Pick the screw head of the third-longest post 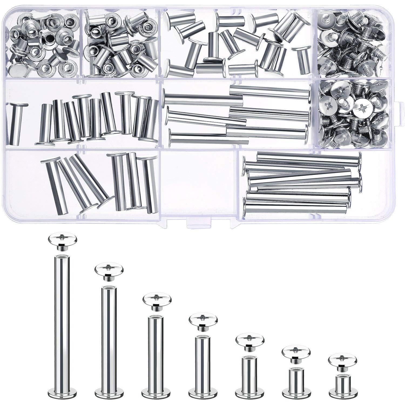tap(157, 298)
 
